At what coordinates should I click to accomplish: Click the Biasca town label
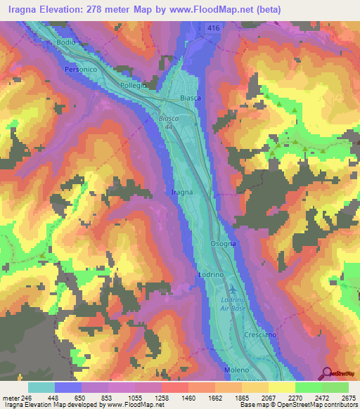tap(191, 98)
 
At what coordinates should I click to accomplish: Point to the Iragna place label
tap(181, 191)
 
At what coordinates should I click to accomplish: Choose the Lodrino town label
tap(210, 274)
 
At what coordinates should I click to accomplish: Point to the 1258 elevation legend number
tap(162, 397)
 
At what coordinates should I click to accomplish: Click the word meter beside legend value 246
tap(11, 397)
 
